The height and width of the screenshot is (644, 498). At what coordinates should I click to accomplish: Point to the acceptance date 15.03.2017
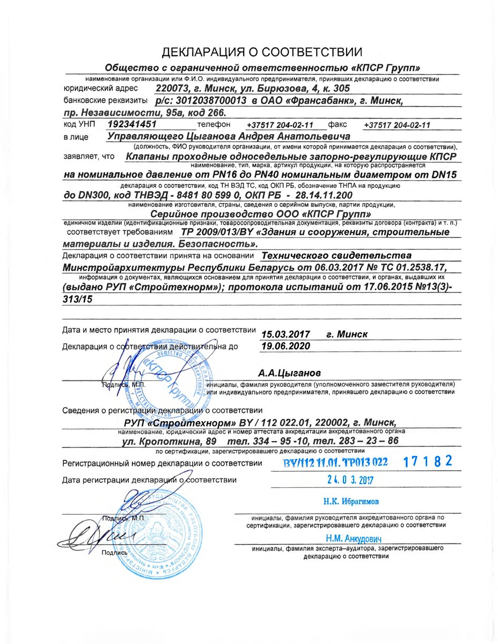(x=285, y=334)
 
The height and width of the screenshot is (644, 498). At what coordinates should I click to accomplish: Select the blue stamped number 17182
(x=428, y=461)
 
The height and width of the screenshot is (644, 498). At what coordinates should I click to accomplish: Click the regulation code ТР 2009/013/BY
(x=213, y=232)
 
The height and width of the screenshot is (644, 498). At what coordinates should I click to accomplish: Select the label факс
(x=337, y=124)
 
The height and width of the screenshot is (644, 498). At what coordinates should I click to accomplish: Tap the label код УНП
(x=79, y=125)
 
